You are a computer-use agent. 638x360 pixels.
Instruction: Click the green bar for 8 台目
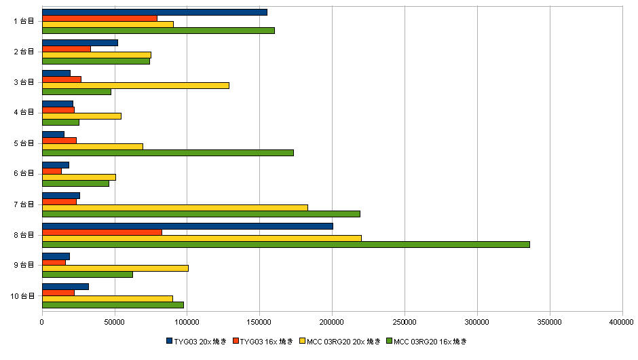[x=285, y=245]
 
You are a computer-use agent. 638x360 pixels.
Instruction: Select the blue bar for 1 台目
[x=155, y=12]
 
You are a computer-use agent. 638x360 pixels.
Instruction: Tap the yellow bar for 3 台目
[x=136, y=86]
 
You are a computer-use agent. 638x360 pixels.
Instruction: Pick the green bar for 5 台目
[x=168, y=153]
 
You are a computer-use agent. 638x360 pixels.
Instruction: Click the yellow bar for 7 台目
[x=175, y=208]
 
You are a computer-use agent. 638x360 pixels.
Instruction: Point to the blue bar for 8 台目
[x=187, y=226]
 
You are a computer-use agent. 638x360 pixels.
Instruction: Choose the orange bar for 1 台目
[x=100, y=18]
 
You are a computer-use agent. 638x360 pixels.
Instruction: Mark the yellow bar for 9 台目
[x=115, y=268]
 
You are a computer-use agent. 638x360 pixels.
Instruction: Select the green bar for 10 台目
[x=113, y=305]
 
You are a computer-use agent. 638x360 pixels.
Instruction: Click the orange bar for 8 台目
[x=102, y=232]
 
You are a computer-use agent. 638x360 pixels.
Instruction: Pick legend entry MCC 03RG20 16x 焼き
[x=432, y=341]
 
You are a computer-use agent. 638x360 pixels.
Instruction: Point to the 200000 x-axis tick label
[x=332, y=321]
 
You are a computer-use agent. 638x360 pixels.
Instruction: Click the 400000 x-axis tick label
[x=622, y=321]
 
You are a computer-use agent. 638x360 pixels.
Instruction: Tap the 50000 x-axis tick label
[x=115, y=321]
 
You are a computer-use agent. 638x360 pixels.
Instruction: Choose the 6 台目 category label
[x=24, y=174]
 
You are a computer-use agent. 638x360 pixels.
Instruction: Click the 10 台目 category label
[x=22, y=296]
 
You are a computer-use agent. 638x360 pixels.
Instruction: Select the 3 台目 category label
[x=24, y=82]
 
